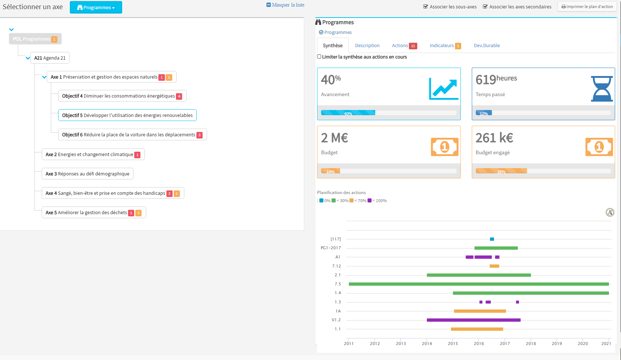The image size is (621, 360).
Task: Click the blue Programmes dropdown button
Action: click(96, 7)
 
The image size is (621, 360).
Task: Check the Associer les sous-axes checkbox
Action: click(426, 7)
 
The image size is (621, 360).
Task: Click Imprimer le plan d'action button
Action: click(587, 7)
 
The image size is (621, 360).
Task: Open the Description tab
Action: click(367, 46)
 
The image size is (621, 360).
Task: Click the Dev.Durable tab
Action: click(486, 46)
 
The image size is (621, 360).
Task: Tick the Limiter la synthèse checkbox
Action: click(319, 57)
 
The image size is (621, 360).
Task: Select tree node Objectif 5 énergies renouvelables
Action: click(127, 115)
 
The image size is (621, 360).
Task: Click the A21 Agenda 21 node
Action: click(50, 58)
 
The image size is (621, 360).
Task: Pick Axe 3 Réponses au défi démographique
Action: click(87, 174)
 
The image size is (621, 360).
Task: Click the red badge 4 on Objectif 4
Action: click(179, 96)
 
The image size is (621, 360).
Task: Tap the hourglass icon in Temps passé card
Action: click(602, 89)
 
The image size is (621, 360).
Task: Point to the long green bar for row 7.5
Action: click(478, 284)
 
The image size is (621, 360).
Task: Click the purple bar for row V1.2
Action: click(473, 320)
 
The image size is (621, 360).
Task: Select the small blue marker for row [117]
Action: click(492, 239)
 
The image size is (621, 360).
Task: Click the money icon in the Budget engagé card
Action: click(599, 147)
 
